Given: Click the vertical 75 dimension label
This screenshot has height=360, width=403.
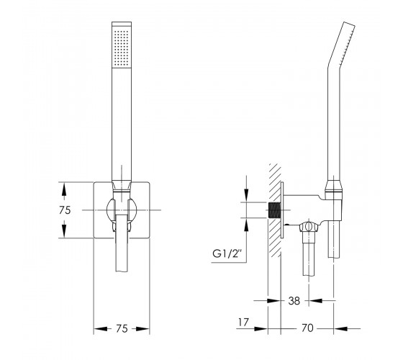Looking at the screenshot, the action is (x=65, y=210).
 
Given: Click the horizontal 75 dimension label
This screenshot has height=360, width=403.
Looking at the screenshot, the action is (x=122, y=328).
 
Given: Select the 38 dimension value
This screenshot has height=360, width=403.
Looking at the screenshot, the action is (x=294, y=301).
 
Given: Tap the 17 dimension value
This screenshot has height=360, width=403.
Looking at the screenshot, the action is (x=243, y=322).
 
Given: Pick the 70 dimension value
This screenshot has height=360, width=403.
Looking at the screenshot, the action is (x=307, y=328).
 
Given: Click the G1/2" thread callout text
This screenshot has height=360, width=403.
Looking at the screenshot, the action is (x=227, y=253).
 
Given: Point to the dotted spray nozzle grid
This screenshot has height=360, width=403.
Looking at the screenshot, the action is (x=122, y=48).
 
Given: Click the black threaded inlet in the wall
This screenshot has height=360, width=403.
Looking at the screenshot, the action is (x=274, y=210).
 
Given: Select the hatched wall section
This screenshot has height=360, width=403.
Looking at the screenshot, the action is (x=274, y=210).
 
